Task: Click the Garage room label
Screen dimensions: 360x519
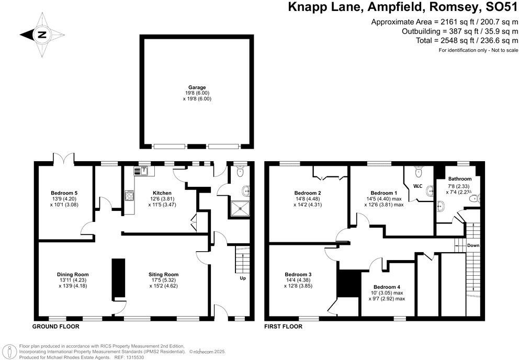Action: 197,87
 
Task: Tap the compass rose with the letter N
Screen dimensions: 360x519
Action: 41,35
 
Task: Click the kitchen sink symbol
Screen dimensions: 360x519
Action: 142,171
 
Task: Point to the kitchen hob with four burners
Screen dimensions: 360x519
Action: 129,197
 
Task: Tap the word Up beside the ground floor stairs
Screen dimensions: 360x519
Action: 242,278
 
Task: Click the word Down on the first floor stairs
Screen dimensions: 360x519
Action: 473,245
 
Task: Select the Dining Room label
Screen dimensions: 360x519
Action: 73,274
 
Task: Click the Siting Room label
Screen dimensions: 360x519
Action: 163,274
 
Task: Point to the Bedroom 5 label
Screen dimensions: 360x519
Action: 64,193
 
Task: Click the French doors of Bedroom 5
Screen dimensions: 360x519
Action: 64,158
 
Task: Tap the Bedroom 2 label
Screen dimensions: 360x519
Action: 308,193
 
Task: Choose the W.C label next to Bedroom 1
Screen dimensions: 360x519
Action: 418,186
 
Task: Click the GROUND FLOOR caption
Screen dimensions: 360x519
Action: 57,327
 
